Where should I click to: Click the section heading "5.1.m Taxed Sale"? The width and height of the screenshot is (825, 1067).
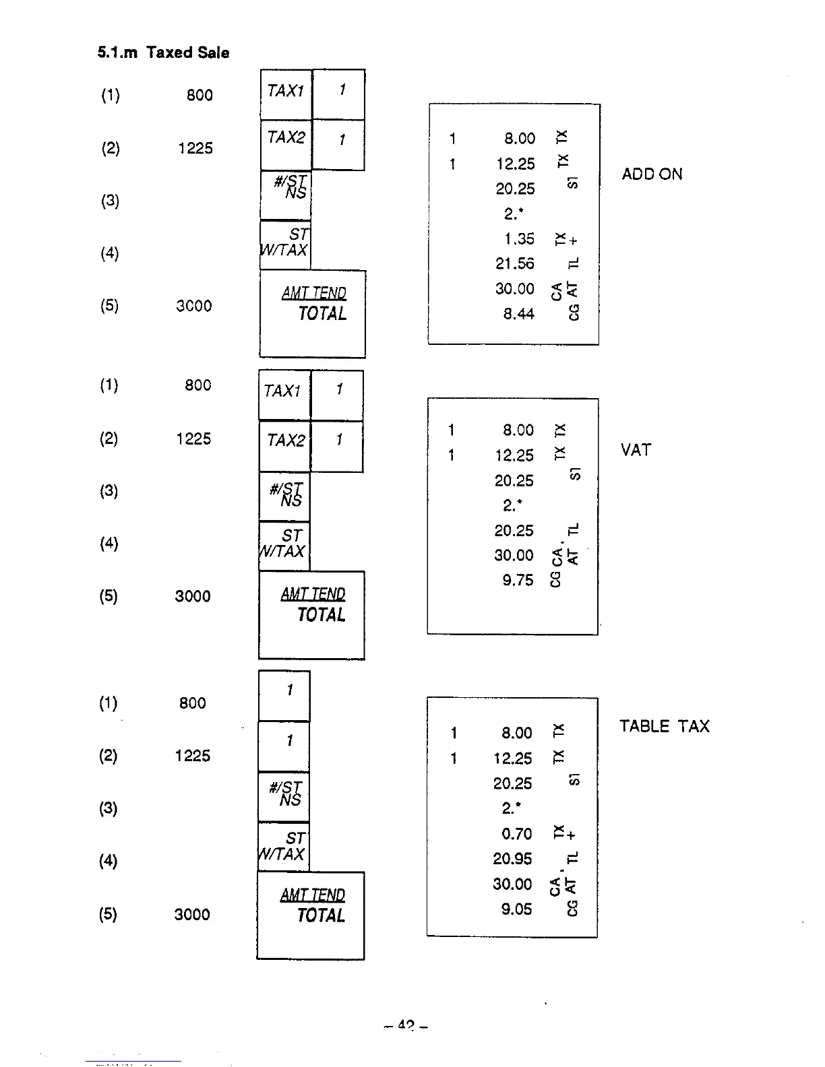(x=163, y=53)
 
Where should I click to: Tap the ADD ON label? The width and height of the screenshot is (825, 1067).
(x=652, y=174)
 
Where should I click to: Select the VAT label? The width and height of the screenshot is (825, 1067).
(x=636, y=450)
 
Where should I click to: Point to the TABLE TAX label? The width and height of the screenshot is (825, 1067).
(x=664, y=726)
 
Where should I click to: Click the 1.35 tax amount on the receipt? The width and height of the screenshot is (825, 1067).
(x=519, y=239)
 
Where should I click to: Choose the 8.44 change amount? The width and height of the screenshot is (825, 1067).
(x=518, y=314)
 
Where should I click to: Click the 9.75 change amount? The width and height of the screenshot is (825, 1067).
(x=517, y=581)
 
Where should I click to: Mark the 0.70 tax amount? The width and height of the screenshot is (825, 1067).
(x=516, y=834)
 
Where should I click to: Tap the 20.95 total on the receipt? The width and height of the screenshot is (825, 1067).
(x=512, y=859)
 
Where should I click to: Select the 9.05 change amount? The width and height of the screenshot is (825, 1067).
(x=516, y=909)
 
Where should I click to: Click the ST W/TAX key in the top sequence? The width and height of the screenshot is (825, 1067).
(x=286, y=245)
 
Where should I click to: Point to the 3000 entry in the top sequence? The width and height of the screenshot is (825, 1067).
(x=194, y=306)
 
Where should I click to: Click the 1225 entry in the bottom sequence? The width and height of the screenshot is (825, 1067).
(x=193, y=756)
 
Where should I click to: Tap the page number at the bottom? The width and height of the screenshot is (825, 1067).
(x=406, y=1026)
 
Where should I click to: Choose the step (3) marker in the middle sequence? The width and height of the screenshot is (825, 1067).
(x=109, y=491)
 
